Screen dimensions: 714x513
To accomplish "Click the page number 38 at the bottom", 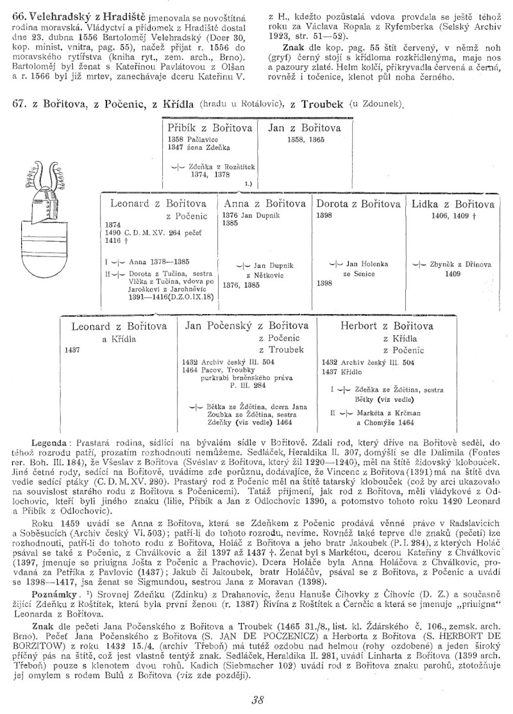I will (258, 700).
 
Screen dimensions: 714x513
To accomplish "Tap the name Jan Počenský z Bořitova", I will (246, 326).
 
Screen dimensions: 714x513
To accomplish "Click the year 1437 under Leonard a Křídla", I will (72, 351).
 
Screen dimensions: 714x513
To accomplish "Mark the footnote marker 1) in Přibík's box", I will (247, 183).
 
